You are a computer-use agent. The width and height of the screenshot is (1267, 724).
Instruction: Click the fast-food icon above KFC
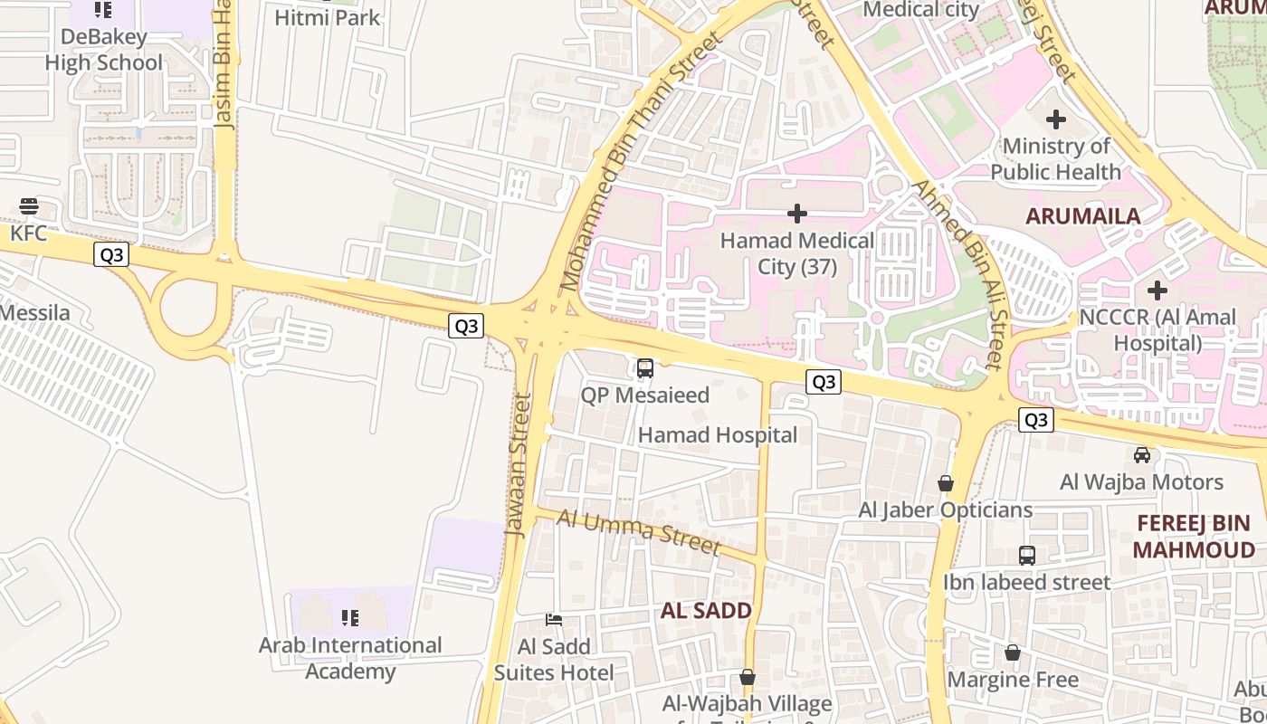[29, 206]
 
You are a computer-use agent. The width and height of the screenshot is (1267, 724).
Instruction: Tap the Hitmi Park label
[327, 17]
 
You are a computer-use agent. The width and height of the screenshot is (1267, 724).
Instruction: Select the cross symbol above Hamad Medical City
[796, 214]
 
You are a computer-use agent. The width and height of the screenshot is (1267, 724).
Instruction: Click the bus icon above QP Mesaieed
[644, 368]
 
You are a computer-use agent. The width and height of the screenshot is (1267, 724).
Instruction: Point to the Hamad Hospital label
[718, 435]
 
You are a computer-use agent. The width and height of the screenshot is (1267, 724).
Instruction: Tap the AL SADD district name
[706, 611]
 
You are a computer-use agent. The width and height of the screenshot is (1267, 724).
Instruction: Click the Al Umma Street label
[639, 531]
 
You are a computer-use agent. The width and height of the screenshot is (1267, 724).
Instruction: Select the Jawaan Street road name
[519, 465]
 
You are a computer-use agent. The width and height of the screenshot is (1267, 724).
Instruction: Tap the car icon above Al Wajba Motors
[1142, 454]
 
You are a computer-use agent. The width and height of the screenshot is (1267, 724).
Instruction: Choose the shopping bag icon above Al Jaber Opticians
[946, 483]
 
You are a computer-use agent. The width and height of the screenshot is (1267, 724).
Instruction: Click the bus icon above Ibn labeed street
[1026, 556]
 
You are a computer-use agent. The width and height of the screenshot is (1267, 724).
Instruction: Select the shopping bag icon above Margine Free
[1013, 653]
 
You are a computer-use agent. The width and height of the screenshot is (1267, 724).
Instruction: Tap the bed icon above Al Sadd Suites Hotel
[554, 620]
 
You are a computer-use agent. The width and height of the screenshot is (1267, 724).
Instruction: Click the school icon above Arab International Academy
[350, 618]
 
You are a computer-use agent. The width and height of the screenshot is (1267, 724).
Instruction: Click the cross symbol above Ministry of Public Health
[1055, 119]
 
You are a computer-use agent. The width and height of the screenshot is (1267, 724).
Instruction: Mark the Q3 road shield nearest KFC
[111, 255]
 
